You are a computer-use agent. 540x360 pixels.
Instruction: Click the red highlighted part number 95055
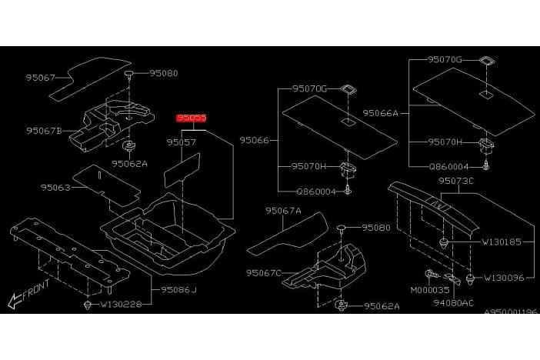tap(192, 118)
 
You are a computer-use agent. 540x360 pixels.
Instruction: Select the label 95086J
tap(178, 290)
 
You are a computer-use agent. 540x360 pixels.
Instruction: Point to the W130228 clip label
tap(121, 304)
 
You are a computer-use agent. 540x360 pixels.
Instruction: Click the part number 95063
tap(55, 188)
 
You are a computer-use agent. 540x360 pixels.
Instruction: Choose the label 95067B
tap(44, 131)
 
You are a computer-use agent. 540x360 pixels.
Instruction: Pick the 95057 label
tap(182, 142)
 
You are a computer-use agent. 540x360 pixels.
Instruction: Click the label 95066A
tap(380, 113)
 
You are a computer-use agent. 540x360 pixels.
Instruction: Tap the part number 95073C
tap(456, 181)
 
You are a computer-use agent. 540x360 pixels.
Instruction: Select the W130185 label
tap(502, 242)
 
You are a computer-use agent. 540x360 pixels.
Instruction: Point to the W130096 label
tap(504, 278)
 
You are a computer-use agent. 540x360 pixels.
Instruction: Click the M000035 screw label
tap(430, 290)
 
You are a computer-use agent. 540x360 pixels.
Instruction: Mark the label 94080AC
tap(454, 303)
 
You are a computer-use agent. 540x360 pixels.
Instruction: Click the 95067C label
tap(264, 273)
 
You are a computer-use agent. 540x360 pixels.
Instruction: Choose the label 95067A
tap(283, 211)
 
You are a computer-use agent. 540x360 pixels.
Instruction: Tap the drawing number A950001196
tap(511, 312)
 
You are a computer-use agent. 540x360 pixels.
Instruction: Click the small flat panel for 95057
tap(182, 170)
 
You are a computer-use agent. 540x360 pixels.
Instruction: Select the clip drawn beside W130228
tap(88, 305)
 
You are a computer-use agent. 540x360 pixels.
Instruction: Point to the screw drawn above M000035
tap(432, 275)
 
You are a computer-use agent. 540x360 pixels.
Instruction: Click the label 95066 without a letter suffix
tap(254, 140)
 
